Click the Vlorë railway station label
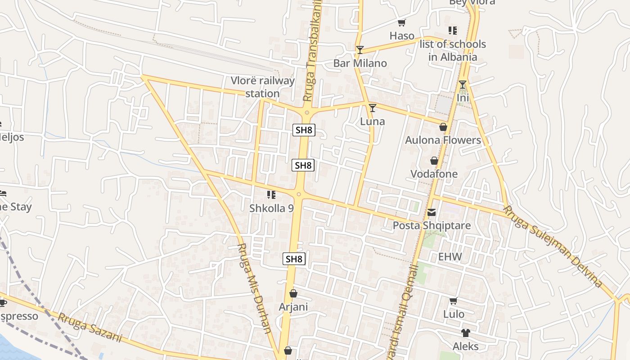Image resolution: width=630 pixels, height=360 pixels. pyautogui.click(x=263, y=87)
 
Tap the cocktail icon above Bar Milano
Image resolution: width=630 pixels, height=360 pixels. pyautogui.click(x=360, y=49)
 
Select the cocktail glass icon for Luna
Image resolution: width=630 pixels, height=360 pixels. pyautogui.click(x=372, y=108)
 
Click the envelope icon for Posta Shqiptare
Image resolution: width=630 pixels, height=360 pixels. pyautogui.click(x=432, y=212)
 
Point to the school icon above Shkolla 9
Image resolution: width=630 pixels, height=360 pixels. pyautogui.click(x=271, y=195)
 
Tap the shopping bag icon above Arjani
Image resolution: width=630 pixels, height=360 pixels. pyautogui.click(x=293, y=293)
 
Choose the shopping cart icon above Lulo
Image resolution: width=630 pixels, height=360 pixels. pyautogui.click(x=453, y=300)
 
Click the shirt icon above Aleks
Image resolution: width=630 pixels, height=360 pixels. pyautogui.click(x=465, y=333)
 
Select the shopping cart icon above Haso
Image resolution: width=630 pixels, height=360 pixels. pyautogui.click(x=402, y=22)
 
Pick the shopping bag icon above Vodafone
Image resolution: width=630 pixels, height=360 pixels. pyautogui.click(x=434, y=161)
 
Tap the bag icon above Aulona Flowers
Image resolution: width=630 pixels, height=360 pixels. pyautogui.click(x=443, y=127)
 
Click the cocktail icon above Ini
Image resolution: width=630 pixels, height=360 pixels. pyautogui.click(x=463, y=85)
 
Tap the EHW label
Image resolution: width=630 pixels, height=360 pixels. pyautogui.click(x=450, y=257)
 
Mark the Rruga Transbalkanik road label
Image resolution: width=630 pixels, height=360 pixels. pyautogui.click(x=314, y=50)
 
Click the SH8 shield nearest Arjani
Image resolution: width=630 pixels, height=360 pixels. pyautogui.click(x=294, y=259)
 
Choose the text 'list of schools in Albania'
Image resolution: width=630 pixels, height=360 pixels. pyautogui.click(x=453, y=50)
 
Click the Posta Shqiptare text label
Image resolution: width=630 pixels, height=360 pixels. pyautogui.click(x=432, y=225)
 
